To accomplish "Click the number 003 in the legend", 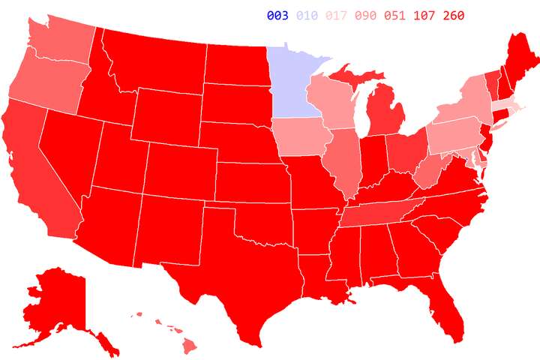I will pos(277,16).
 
